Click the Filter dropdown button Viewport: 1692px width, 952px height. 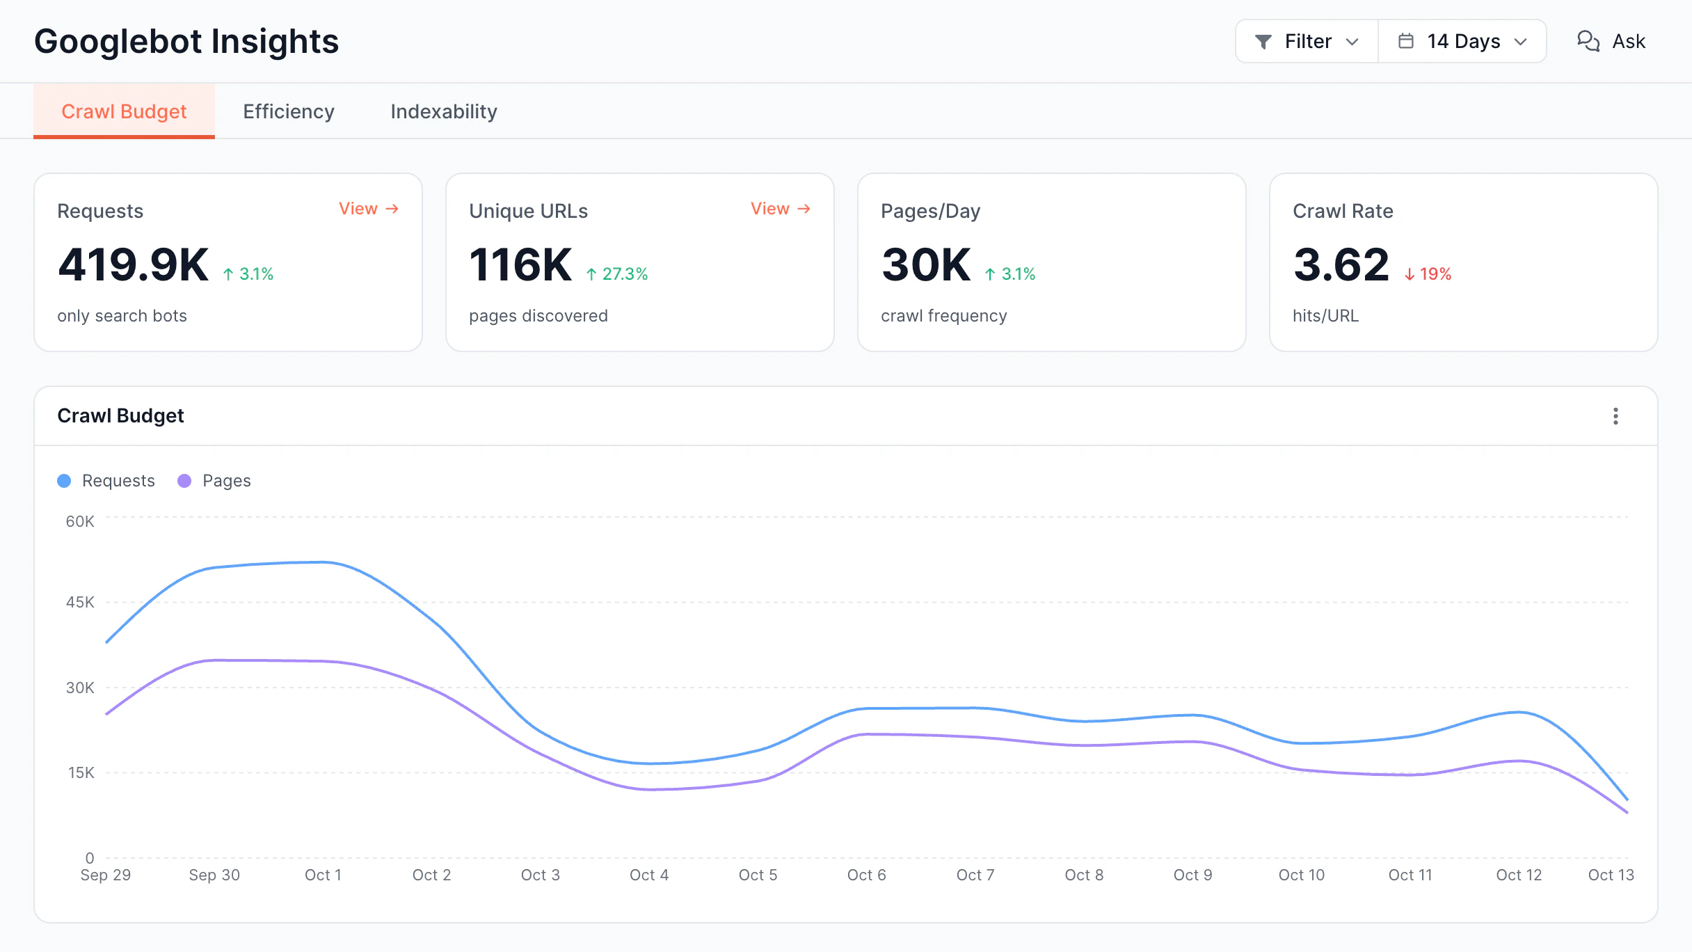(1307, 42)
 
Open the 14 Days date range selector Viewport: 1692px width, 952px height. (1462, 42)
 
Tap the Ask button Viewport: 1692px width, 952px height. (1611, 42)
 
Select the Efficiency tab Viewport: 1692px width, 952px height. (289, 111)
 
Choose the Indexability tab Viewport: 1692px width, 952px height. (444, 111)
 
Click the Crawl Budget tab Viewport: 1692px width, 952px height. (124, 111)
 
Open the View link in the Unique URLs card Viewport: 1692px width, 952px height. (781, 209)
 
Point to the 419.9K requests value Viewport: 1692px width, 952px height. (133, 265)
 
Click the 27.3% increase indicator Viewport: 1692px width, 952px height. (616, 274)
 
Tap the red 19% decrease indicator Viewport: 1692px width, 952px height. (1428, 274)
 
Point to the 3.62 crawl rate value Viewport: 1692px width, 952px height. (1341, 265)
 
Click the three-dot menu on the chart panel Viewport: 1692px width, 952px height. (1615, 416)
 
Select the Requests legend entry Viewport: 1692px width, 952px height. (106, 481)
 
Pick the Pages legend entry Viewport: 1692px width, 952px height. (214, 481)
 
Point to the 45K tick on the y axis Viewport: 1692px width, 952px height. (80, 602)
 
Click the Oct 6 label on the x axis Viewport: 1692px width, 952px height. (866, 875)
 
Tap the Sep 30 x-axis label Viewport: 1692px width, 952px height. (214, 875)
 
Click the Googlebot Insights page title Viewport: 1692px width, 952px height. (186, 42)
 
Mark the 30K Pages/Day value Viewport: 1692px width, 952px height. (926, 265)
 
